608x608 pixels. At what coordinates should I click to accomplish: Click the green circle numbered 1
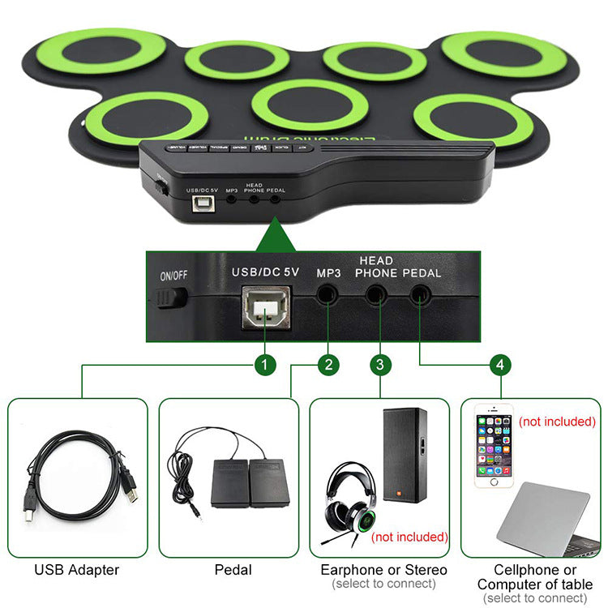[265, 365]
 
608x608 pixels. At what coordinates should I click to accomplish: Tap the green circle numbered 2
[327, 365]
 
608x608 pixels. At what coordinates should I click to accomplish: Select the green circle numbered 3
[380, 365]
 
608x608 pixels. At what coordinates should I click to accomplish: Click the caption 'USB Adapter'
[76, 570]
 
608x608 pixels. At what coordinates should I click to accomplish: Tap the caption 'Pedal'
[233, 570]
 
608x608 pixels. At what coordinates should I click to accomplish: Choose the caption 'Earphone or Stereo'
[379, 570]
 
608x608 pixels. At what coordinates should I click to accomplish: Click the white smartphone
[495, 447]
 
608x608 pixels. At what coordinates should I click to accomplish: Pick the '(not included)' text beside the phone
[557, 422]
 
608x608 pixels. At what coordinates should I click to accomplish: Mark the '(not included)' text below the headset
[409, 537]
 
